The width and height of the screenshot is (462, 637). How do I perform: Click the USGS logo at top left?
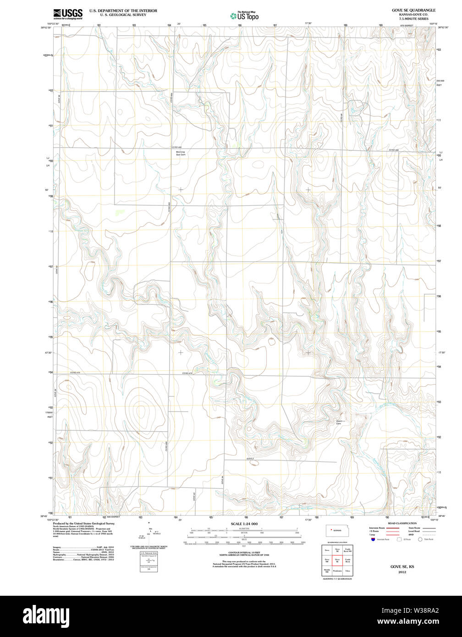click(x=68, y=14)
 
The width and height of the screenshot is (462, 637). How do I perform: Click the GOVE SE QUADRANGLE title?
click(x=413, y=10)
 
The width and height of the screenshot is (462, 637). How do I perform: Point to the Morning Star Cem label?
click(x=181, y=154)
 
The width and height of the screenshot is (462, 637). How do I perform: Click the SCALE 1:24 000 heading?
click(x=244, y=524)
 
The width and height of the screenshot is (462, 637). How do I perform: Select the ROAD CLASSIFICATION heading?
click(x=402, y=523)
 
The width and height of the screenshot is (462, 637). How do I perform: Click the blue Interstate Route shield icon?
click(x=373, y=539)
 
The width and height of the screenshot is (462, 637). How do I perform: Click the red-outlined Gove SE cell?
click(x=337, y=560)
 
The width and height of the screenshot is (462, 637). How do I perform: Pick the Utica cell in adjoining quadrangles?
click(x=348, y=571)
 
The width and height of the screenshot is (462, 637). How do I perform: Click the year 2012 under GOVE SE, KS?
click(x=402, y=572)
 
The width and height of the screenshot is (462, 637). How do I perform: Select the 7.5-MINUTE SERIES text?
click(x=413, y=18)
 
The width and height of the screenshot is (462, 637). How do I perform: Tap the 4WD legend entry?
click(x=411, y=535)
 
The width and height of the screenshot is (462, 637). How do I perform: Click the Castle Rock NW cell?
click(x=348, y=549)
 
